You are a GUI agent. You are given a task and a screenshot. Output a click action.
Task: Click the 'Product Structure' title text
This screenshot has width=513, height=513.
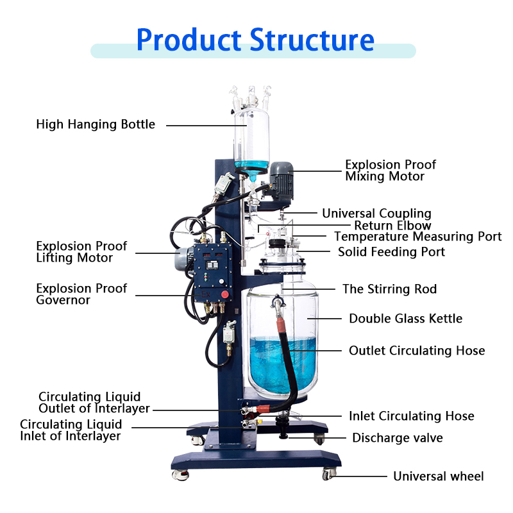coord(255,40)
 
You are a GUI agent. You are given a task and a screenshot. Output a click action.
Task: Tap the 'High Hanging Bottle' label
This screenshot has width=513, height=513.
coord(96,124)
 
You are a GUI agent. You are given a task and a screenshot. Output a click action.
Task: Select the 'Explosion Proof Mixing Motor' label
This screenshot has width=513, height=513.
coord(390,171)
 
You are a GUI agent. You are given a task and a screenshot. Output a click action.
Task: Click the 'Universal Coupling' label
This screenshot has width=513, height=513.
coord(376,214)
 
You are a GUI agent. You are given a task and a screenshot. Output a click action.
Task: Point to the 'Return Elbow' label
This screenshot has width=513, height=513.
coord(392,226)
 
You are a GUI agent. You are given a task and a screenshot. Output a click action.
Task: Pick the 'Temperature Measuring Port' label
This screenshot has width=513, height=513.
coord(417,237)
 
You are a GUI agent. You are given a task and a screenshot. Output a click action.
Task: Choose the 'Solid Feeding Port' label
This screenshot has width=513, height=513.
coord(391,252)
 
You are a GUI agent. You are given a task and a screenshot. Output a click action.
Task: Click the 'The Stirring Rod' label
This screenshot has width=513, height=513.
coord(389,289)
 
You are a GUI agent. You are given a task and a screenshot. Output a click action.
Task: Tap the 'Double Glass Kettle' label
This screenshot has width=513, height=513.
coord(405,319)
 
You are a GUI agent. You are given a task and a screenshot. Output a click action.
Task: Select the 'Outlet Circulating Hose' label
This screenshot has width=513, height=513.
coord(417,351)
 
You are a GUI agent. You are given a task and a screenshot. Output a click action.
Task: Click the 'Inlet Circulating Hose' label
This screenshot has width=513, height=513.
coord(411,416)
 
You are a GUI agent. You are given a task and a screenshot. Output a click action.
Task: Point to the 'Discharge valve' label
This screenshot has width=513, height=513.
coord(397,439)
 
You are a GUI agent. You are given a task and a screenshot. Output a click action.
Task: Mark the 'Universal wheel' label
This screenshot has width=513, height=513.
coord(438,476)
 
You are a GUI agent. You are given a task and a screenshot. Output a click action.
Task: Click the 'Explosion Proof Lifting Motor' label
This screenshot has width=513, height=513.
coord(81,252)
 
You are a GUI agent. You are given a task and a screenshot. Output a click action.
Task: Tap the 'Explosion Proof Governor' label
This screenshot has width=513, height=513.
coord(81,294)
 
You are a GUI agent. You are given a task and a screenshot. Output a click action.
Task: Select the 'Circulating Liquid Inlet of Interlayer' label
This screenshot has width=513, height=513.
coord(71,430)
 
